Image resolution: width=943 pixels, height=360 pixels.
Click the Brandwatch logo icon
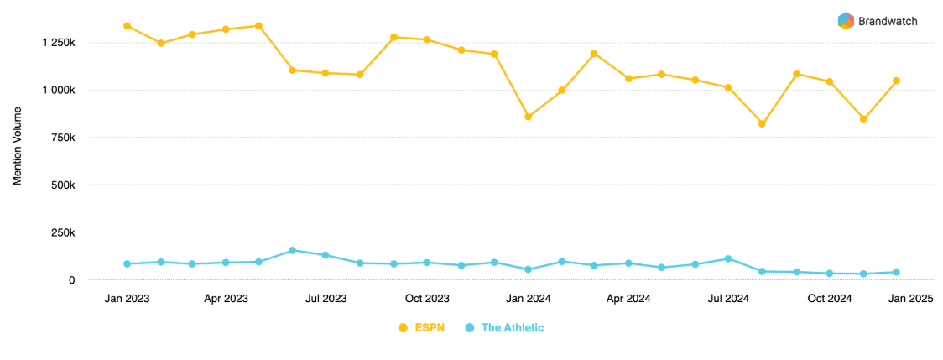tap(846, 21)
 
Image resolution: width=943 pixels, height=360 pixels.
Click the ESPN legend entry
tap(419, 327)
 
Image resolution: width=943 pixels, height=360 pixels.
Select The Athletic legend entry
tap(504, 327)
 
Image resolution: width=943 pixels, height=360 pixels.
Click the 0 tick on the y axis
tap(72, 280)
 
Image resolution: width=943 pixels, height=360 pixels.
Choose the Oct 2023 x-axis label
tap(427, 299)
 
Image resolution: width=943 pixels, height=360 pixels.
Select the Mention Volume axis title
tap(18, 150)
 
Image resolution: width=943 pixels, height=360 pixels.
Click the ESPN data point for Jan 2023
tap(127, 26)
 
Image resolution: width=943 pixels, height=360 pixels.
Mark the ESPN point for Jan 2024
tap(528, 117)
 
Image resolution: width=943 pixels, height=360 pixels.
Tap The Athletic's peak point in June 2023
tap(292, 250)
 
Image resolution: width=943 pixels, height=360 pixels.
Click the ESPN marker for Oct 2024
tap(830, 81)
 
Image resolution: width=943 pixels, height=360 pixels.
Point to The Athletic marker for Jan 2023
tap(127, 263)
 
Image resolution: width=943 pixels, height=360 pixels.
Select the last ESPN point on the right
tap(896, 81)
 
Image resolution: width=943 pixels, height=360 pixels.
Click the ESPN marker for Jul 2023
tap(326, 73)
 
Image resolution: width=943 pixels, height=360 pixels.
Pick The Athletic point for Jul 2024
tap(728, 258)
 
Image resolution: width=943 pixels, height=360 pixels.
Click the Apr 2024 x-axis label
tap(628, 299)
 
